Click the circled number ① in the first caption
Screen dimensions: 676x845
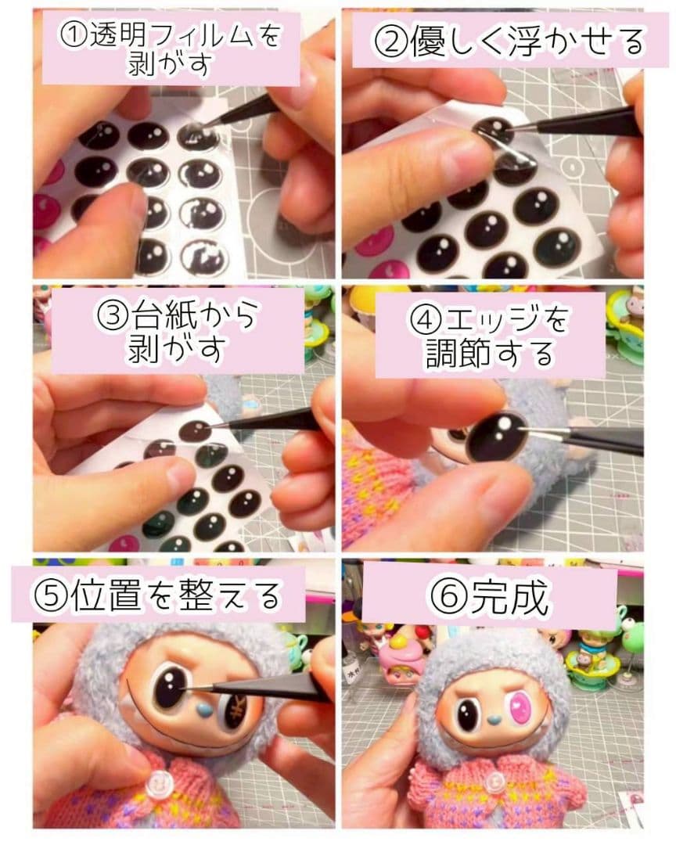74,38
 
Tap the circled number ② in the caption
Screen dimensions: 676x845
391,42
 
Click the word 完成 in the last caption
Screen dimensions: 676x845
510,596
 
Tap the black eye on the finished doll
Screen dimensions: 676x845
469,715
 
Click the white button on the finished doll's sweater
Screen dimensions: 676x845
493,783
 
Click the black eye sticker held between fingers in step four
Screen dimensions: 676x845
497,437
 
